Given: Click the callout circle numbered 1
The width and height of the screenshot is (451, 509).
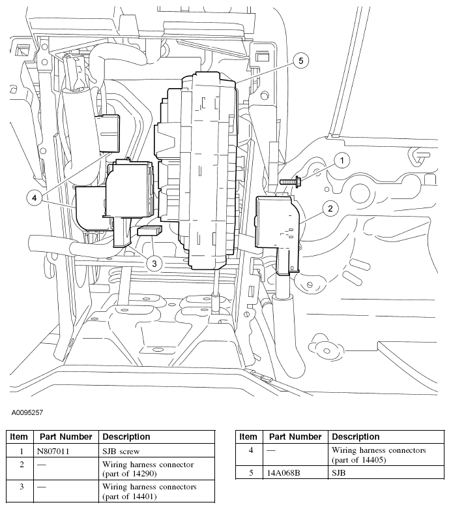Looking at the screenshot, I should click(342, 159).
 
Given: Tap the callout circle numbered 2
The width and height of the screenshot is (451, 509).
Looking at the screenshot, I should click(330, 209).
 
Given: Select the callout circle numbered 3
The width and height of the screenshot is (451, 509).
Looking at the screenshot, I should click(154, 264).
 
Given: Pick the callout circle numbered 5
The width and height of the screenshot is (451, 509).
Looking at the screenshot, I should click(300, 61).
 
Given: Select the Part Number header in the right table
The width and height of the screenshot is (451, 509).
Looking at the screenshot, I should click(295, 437).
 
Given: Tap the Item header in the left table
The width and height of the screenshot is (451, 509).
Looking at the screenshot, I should click(19, 437).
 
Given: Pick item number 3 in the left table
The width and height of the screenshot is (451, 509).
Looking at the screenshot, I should click(22, 487).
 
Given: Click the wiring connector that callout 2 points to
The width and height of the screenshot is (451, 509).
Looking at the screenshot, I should click(277, 225).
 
